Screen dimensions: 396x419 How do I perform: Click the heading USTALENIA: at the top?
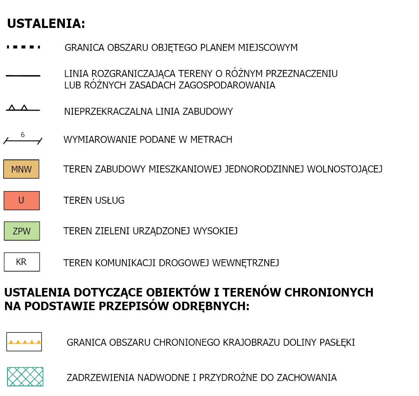coord(46,24)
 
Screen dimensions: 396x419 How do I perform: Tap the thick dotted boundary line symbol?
coord(23,47)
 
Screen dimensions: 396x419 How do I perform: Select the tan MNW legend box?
coord(21,169)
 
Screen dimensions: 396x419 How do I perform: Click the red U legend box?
coord(21,200)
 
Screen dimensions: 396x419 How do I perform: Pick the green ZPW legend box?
coord(22,231)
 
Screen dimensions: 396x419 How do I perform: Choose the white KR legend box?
coord(22,262)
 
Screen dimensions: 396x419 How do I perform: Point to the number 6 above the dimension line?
coord(23,135)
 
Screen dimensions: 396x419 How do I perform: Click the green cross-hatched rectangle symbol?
coord(25,377)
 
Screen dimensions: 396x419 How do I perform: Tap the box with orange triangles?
coord(24,342)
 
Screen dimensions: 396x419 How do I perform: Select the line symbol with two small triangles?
coord(22,109)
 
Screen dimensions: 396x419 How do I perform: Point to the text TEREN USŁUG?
coord(94,201)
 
